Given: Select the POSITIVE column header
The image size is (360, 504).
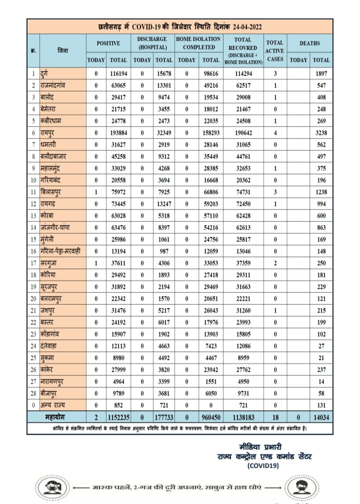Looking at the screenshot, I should [x=108, y=43].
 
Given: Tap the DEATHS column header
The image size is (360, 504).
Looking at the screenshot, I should [x=309, y=43].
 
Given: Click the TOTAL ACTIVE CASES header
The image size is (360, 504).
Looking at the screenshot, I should [x=274, y=50].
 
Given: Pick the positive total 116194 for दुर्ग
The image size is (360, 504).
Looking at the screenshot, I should [x=118, y=74].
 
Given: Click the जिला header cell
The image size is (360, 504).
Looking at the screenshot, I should [x=63, y=50].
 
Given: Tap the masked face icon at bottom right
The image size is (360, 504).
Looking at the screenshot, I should [x=298, y=486].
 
